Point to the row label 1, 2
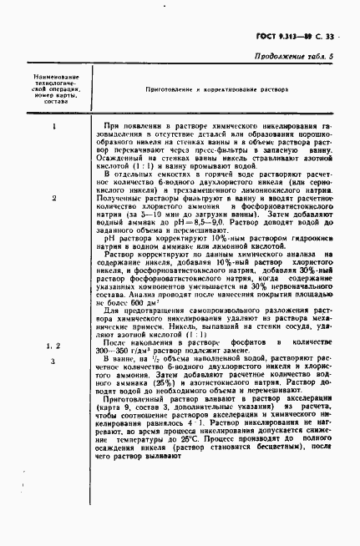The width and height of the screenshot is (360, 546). (53, 345)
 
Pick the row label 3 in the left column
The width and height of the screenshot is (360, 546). (53, 361)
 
